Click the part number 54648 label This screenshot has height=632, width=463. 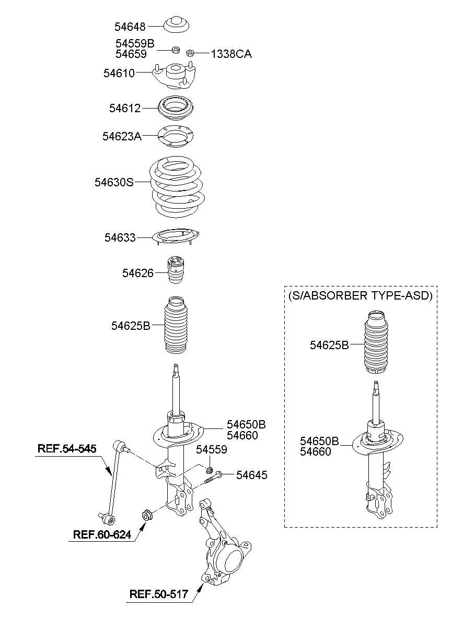[x=130, y=26]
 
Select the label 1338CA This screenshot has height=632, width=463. [x=231, y=53]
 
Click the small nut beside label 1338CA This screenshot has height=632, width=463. [x=191, y=52]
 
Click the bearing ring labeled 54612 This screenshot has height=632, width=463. [x=176, y=108]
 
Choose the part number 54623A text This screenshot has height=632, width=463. [x=122, y=136]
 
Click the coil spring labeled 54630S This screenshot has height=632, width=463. [x=177, y=187]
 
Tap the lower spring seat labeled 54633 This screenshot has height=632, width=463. [x=176, y=237]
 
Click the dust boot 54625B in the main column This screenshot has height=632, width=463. [x=176, y=326]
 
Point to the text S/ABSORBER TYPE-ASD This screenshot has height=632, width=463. [x=360, y=295]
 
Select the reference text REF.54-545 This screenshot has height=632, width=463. [x=66, y=448]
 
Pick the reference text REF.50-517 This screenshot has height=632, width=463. [x=159, y=593]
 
